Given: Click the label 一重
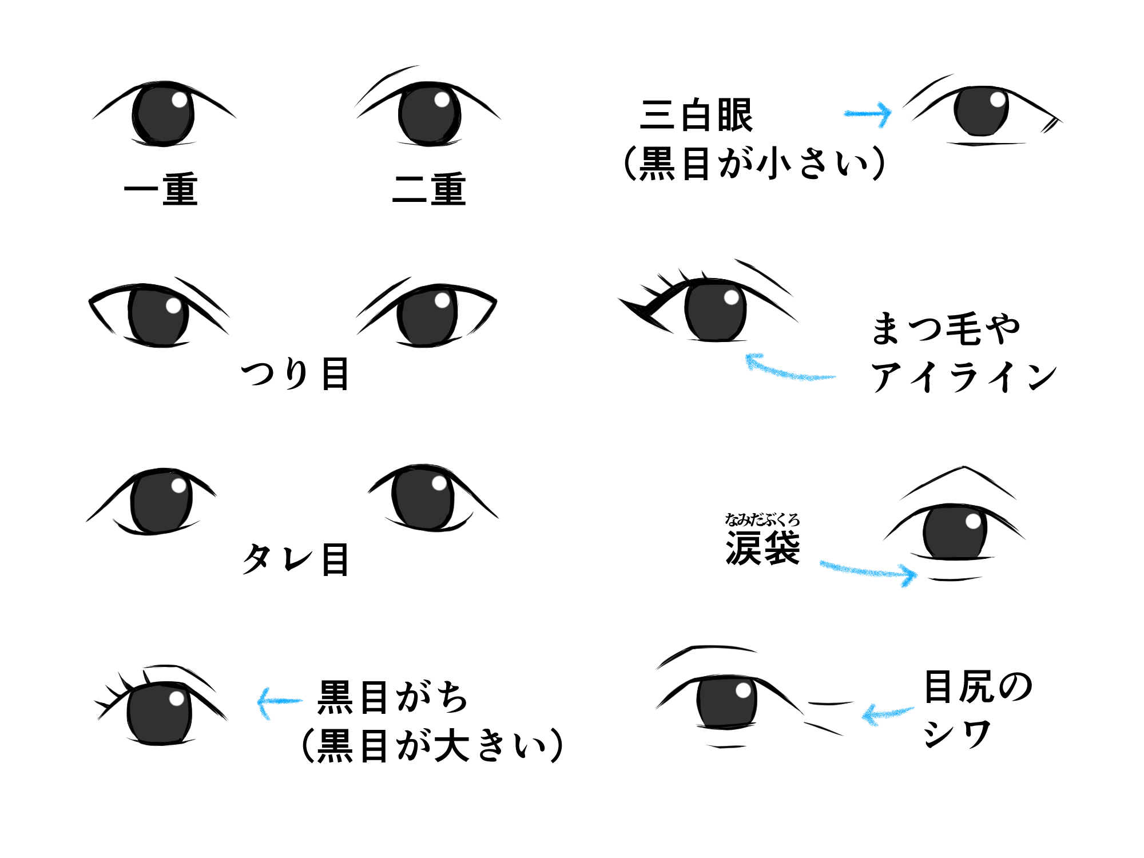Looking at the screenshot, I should point(161,189).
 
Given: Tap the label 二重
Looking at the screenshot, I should point(429,189).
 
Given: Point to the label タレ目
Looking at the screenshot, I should point(295,559).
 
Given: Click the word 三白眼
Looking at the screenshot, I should point(696,116).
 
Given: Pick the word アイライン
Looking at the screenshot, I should point(963,377).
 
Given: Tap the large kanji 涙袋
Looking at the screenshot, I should point(762,548).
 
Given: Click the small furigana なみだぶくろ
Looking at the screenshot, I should point(762,519).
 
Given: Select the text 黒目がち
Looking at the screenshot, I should point(393,697).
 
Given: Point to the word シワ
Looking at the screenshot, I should point(957,734).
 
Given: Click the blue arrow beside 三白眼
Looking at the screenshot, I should point(869,114).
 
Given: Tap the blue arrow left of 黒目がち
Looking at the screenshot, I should point(279,701).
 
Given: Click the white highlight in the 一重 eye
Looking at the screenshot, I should point(179,100).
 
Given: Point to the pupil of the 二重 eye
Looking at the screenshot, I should point(430,114).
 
